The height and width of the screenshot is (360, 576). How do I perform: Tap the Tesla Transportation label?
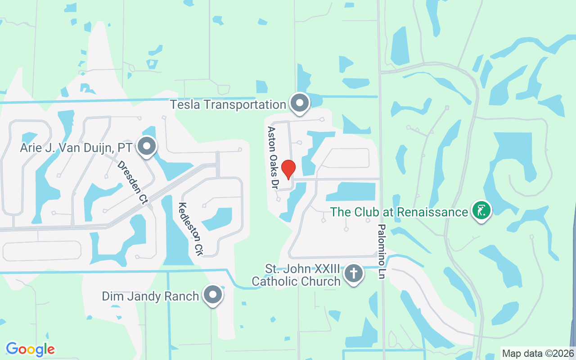[228, 104]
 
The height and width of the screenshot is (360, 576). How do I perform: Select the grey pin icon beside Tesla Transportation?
[299, 103]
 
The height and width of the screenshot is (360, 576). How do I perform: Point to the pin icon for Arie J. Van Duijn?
[146, 146]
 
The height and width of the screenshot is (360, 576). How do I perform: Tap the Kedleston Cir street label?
[190, 229]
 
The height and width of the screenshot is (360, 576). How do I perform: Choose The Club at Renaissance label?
[399, 212]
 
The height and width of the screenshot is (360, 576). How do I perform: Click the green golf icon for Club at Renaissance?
[481, 210]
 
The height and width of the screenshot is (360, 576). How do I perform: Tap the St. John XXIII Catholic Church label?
[302, 275]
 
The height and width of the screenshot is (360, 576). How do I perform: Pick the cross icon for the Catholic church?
[354, 273]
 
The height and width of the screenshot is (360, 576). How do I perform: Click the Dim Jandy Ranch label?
[150, 296]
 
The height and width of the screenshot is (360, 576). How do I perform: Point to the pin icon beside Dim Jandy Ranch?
[213, 295]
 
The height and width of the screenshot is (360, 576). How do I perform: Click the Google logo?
[31, 349]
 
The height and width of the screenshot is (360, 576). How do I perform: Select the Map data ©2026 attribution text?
[538, 353]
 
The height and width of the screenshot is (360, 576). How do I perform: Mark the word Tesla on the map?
[185, 104]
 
